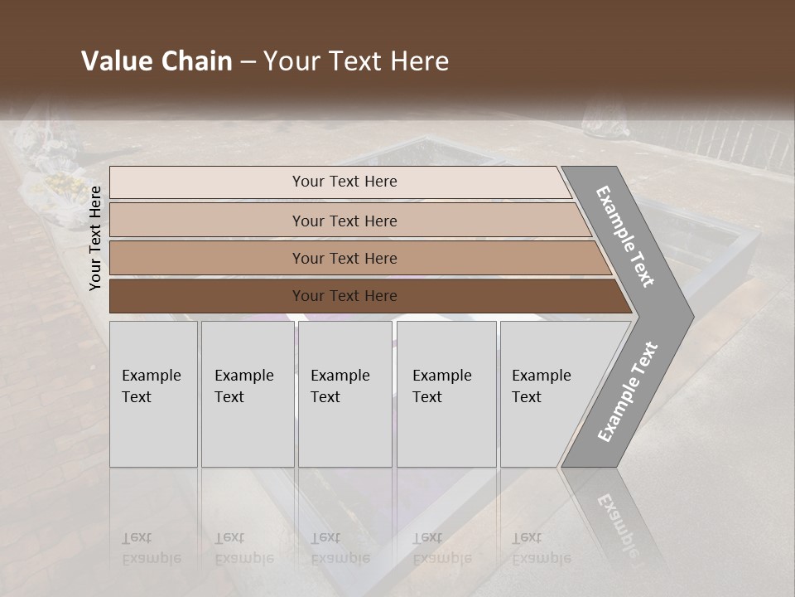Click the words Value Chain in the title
[157, 61]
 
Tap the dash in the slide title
[248, 62]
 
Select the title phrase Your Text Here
[356, 61]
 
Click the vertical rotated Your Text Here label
[95, 238]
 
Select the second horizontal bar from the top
[344, 221]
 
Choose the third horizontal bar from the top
[344, 258]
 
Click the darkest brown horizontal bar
[344, 296]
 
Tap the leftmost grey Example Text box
[153, 393]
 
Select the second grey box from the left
[247, 393]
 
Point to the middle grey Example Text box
[344, 393]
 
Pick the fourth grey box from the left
[446, 393]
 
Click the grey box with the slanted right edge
[547, 393]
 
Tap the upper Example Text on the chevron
[626, 236]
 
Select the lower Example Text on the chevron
[627, 392]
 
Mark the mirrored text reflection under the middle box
[340, 547]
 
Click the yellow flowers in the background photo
[64, 182]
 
